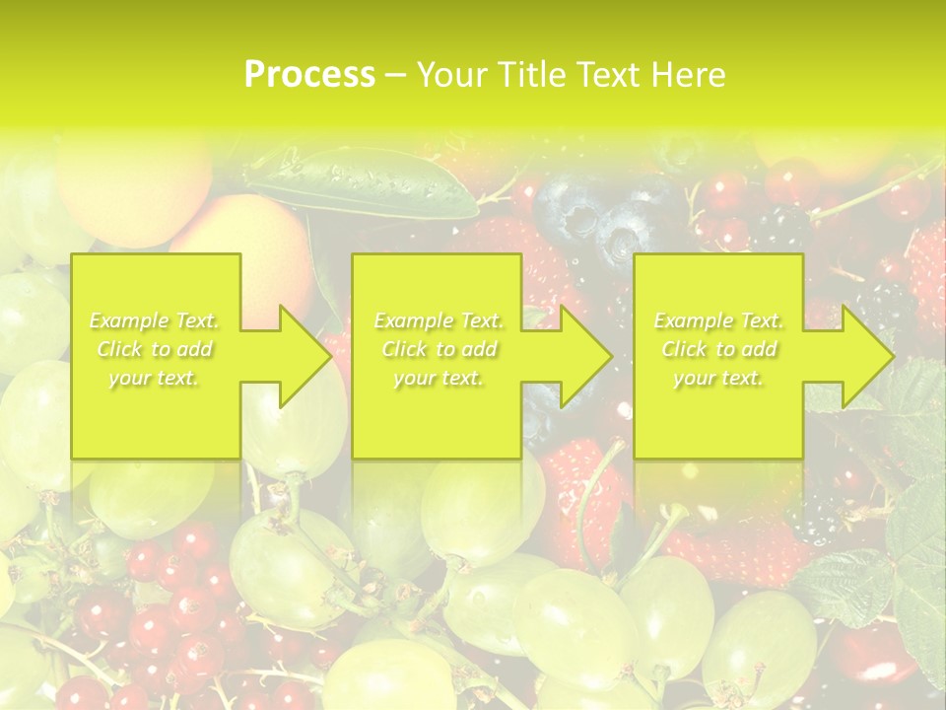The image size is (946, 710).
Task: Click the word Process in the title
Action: tap(309, 74)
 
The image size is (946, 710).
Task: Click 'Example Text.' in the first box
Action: tap(155, 320)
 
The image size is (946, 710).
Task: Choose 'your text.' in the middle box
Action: tap(439, 378)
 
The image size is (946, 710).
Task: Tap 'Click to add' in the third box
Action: tap(719, 349)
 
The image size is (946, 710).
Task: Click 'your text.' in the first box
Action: tap(155, 378)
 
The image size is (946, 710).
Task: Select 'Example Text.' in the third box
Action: tap(719, 320)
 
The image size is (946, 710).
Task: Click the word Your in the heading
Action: tap(452, 74)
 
